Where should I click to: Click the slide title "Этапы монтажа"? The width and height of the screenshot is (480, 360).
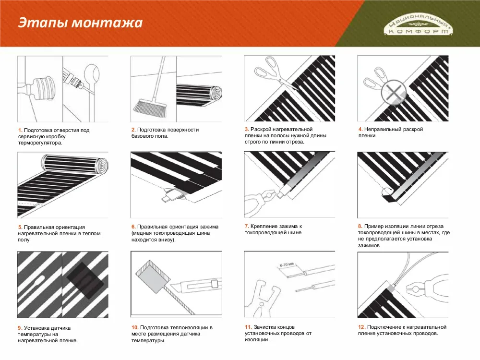(x=80, y=23)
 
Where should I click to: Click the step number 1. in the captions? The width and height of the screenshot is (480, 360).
(x=20, y=130)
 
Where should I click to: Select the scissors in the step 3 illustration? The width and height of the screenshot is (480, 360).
(x=269, y=71)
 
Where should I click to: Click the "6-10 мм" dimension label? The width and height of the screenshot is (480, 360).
(x=286, y=265)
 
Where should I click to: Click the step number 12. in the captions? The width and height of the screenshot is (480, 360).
(x=362, y=327)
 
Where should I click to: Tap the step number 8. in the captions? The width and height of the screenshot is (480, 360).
(x=360, y=226)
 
